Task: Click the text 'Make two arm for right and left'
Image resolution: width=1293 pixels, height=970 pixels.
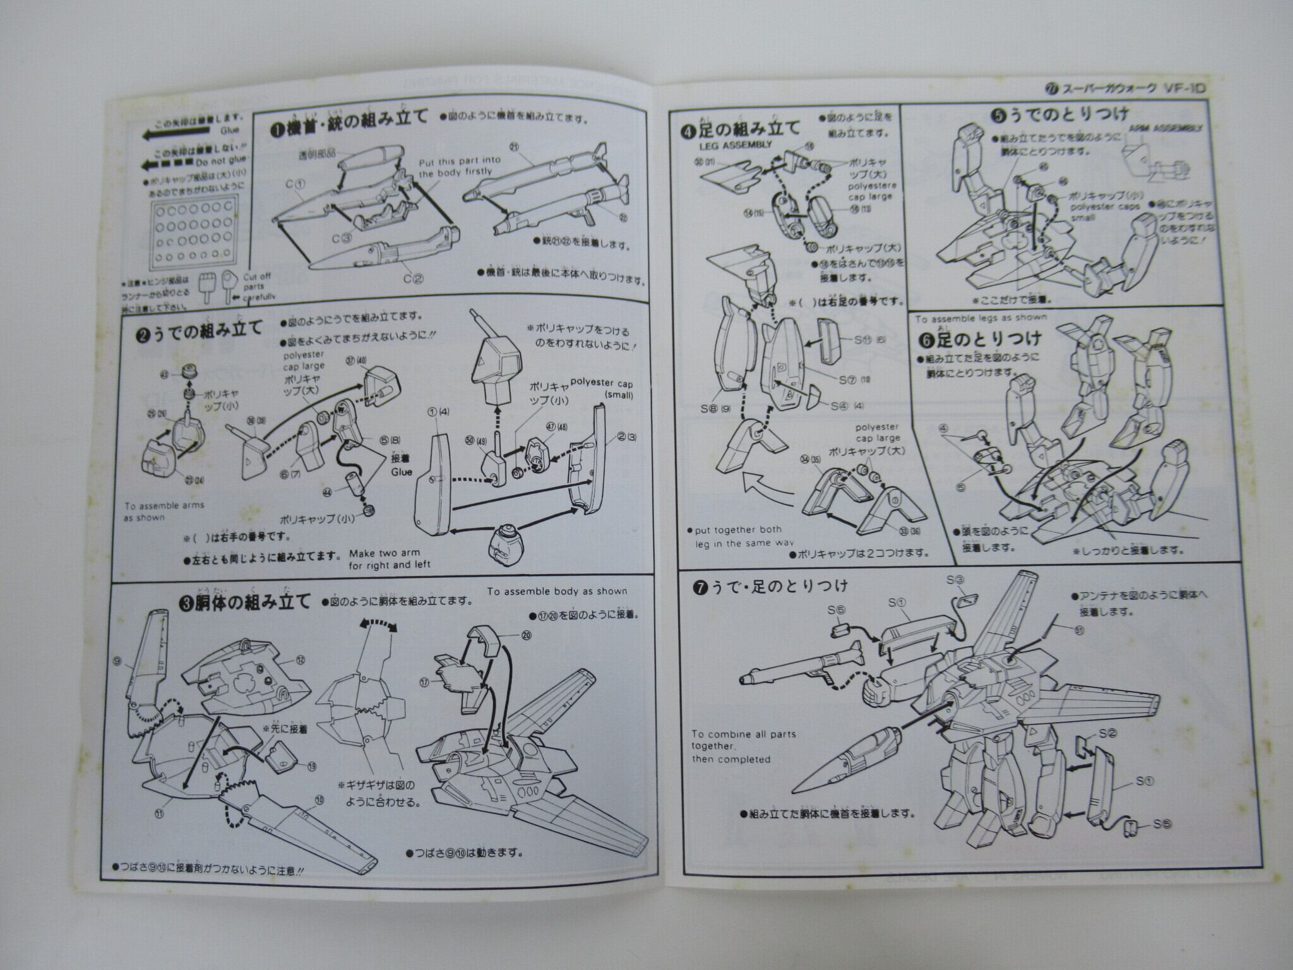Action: [389, 560]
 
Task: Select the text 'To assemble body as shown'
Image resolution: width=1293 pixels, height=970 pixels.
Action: [557, 591]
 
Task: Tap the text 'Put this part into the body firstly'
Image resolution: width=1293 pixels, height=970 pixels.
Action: [459, 167]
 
